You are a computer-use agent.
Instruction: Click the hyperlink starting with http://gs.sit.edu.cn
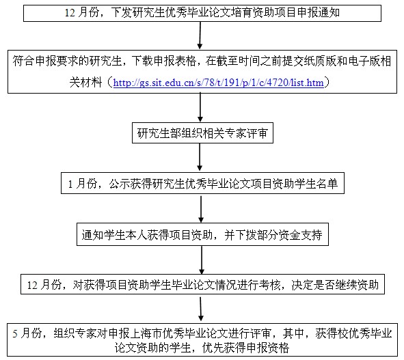(x=219, y=83)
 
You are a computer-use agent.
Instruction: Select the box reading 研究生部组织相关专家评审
(x=202, y=133)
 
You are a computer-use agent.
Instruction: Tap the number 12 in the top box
(x=70, y=12)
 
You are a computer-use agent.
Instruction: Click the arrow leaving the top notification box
(x=200, y=36)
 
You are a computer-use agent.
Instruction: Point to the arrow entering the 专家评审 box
(x=200, y=107)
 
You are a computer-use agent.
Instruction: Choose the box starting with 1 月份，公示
(x=202, y=183)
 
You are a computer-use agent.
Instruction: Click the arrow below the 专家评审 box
(x=200, y=157)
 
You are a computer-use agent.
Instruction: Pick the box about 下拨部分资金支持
(x=202, y=234)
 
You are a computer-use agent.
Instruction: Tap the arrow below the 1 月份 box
(x=201, y=208)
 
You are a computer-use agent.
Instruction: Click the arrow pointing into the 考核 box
(x=202, y=260)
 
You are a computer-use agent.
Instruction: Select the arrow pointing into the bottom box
(x=201, y=309)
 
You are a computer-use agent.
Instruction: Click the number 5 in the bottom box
(x=15, y=334)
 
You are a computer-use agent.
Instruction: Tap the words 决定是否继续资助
(x=335, y=285)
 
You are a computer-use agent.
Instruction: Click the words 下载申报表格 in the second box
(x=163, y=61)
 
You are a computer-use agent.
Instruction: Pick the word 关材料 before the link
(x=86, y=83)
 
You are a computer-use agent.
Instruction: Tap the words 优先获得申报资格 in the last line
(x=246, y=348)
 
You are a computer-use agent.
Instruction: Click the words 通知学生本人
(x=114, y=235)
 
